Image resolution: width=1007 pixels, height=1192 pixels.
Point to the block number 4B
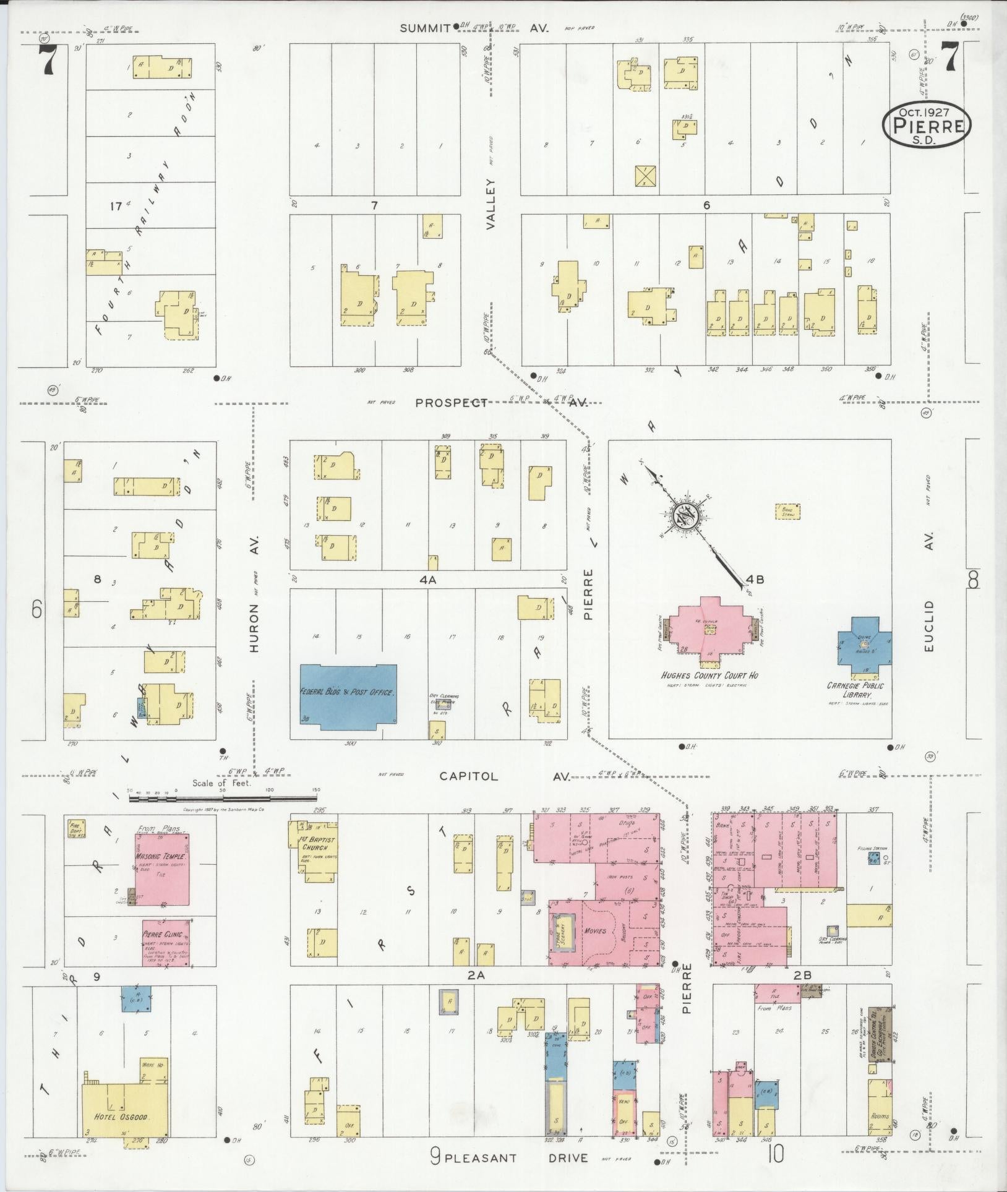click(755, 580)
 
